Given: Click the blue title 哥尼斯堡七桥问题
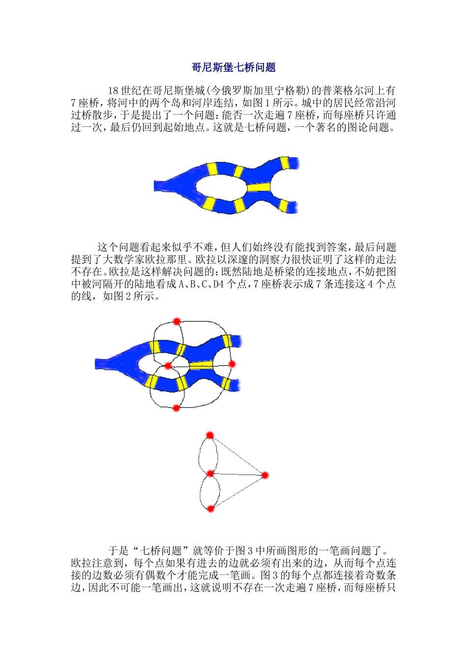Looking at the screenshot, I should [x=233, y=67].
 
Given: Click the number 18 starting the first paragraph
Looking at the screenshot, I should [x=113, y=91].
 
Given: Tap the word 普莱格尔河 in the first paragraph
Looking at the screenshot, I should [x=348, y=91].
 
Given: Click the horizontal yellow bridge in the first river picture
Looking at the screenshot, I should [x=259, y=187].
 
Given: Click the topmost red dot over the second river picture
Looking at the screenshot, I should [x=177, y=321].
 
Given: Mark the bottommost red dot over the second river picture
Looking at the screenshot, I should [x=176, y=408].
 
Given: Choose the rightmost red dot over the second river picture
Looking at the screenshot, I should [x=232, y=364].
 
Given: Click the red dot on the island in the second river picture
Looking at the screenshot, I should [x=168, y=366].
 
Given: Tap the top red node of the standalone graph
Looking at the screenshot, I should [x=210, y=435].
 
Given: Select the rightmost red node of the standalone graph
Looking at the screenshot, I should [x=265, y=475].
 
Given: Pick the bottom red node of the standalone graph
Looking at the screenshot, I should [x=210, y=509].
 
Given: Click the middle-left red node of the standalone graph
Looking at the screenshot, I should [x=210, y=474].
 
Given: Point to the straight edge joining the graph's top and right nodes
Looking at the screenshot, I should [x=237, y=455].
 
